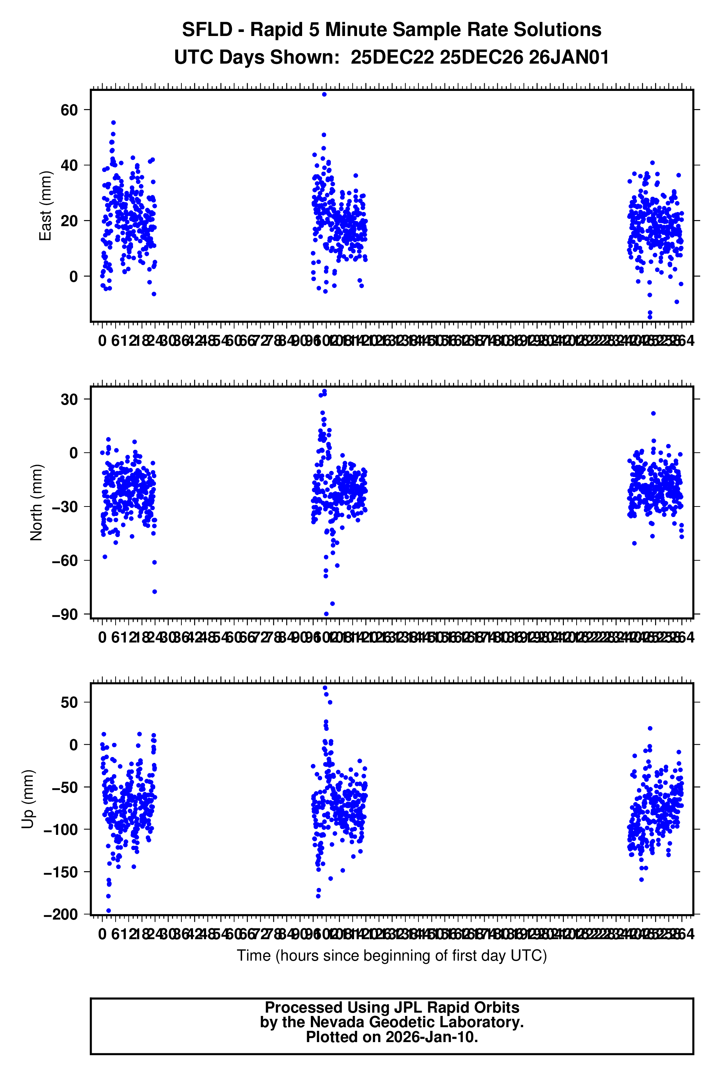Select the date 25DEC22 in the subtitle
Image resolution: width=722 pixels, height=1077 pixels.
[392, 57]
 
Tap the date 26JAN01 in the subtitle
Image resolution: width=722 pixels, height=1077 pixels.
[569, 57]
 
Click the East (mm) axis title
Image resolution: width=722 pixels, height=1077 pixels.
[45, 206]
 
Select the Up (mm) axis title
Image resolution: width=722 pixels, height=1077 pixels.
[28, 799]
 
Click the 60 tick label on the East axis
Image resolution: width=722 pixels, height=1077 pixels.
[69, 110]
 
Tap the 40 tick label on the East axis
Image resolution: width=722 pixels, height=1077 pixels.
[69, 165]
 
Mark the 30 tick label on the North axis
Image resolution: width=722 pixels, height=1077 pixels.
[69, 399]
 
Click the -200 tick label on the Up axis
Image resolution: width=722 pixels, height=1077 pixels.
[61, 914]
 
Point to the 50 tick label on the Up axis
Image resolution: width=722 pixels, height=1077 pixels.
[69, 702]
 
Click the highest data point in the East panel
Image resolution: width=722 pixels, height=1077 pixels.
[324, 95]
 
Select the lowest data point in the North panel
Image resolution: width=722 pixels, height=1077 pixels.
[326, 614]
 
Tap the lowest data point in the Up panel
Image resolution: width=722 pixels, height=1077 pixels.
[109, 910]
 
